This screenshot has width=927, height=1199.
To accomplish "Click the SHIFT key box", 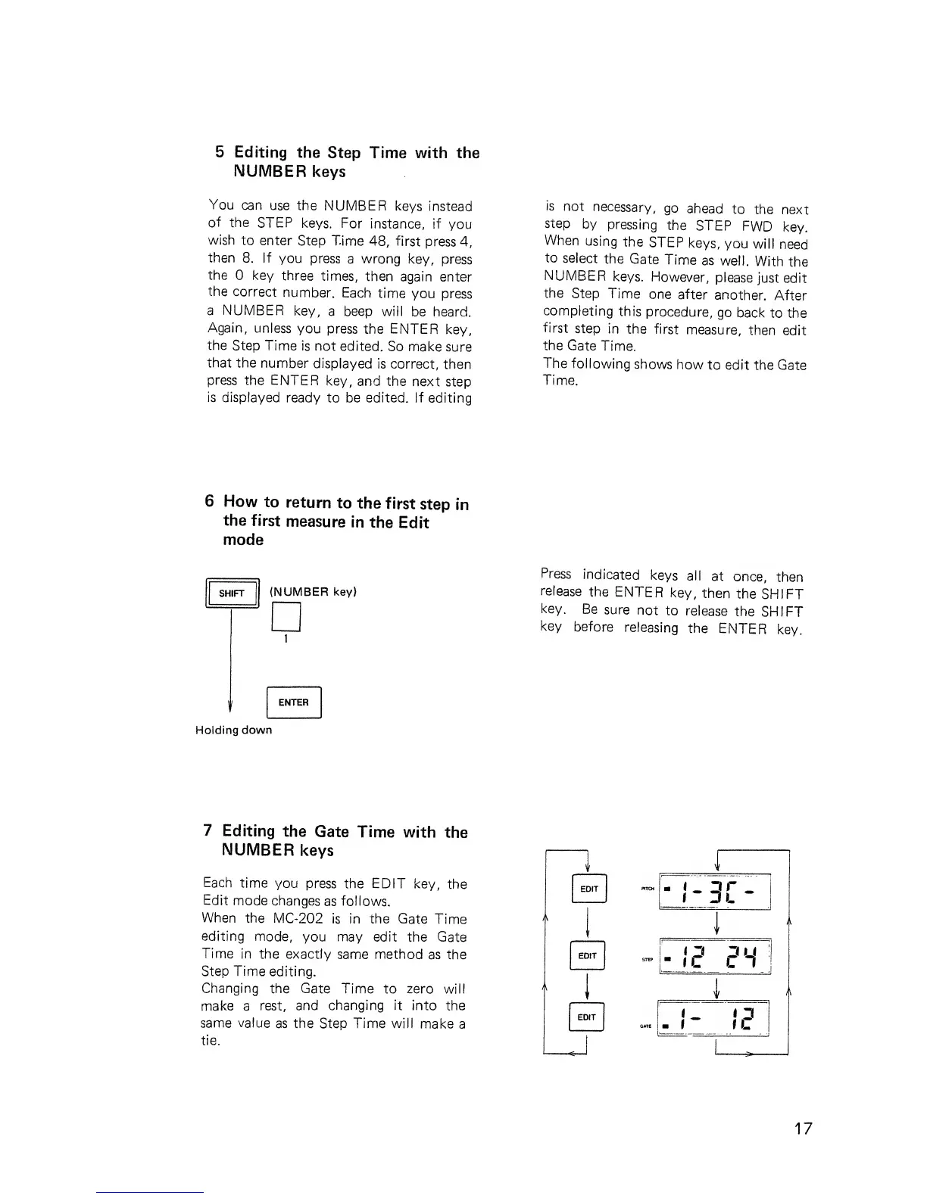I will [232, 593].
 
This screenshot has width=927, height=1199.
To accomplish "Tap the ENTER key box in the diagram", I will [294, 702].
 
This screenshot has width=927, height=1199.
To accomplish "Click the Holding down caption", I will [233, 730].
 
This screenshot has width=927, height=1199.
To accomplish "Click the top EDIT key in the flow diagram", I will [588, 889].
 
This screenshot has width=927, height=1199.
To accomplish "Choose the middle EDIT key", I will [588, 956].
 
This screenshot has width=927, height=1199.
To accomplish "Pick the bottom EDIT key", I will [588, 1017].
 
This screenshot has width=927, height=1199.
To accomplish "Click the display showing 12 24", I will [715, 958].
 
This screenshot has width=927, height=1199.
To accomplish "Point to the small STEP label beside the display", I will [647, 959].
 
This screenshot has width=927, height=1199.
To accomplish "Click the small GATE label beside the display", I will [646, 1027].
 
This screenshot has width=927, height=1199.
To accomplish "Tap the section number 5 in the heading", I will [220, 151].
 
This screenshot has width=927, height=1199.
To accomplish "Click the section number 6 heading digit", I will [209, 501].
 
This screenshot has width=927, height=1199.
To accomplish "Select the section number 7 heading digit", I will [208, 831].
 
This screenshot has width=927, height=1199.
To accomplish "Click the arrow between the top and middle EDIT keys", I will [588, 922].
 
